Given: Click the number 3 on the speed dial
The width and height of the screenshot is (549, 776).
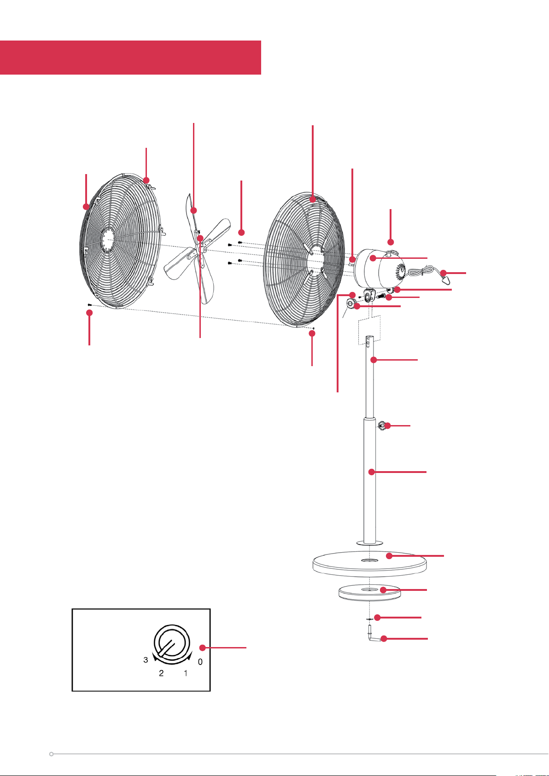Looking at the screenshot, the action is pos(146,660).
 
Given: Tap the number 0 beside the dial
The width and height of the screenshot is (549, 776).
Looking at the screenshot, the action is pos(200,662).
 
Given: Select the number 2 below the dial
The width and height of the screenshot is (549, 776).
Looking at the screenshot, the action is pos(161,673).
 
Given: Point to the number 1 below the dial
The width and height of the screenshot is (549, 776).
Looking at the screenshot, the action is pos(186,673).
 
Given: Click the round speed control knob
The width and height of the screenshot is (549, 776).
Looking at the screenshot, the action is pos(172,642).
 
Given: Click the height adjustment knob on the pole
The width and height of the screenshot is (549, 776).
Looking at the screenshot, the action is pos(381,426).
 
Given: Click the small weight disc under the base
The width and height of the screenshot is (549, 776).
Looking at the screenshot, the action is pos(369,592).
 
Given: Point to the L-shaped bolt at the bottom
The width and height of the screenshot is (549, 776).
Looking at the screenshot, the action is pos(374,634).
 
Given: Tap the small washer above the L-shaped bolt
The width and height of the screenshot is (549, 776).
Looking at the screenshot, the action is pos(369,618).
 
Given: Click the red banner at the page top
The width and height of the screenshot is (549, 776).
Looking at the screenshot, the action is pos(130,58).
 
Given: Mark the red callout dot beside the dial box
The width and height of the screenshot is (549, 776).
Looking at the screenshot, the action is pos(203,648).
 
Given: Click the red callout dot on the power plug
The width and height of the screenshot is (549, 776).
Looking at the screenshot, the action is pos(444,274).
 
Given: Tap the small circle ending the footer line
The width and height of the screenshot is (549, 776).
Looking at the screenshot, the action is pos(51,754).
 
